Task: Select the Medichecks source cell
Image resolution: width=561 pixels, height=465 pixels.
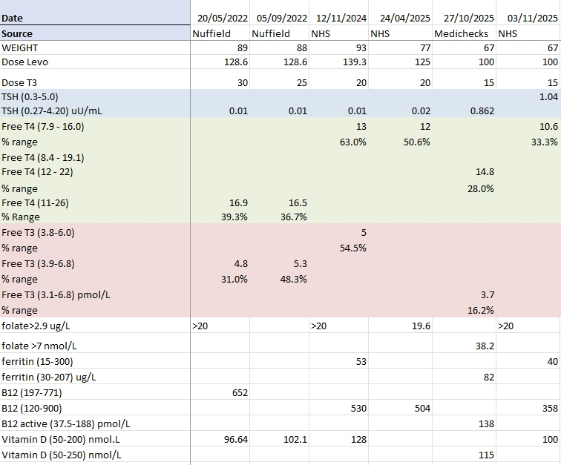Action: click(461, 33)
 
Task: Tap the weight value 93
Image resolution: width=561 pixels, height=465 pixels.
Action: click(360, 47)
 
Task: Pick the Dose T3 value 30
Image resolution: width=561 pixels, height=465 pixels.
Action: click(242, 83)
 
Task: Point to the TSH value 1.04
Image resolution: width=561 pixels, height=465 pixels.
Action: click(548, 97)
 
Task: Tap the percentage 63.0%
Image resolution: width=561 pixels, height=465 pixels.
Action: click(352, 142)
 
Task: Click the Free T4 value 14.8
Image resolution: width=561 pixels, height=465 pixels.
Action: click(485, 172)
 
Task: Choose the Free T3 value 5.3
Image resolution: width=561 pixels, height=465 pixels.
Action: click(300, 263)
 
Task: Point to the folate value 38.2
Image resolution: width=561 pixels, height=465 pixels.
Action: click(485, 346)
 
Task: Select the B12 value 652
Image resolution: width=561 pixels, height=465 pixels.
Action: click(239, 393)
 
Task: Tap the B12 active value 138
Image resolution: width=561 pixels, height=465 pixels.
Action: click(486, 423)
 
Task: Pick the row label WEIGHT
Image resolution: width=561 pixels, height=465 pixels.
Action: click(20, 47)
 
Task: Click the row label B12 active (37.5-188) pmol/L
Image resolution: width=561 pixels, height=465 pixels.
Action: click(66, 423)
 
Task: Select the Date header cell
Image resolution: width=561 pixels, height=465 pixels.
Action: click(13, 18)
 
